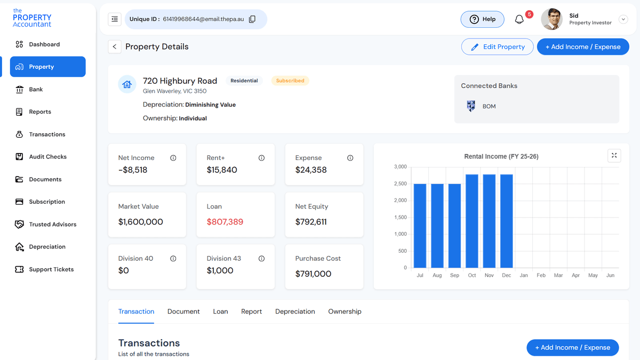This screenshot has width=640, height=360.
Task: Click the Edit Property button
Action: [x=497, y=47]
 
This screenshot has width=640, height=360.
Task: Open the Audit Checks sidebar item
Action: [x=47, y=157]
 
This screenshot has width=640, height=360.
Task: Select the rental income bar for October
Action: [x=471, y=221]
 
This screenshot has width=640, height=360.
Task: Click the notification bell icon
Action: [x=519, y=19]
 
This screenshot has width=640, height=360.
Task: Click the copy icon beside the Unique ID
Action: [x=252, y=19]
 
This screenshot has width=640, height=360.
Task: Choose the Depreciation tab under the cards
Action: [x=295, y=311]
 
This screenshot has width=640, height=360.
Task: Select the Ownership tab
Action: [x=345, y=311]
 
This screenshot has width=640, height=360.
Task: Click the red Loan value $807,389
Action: [x=225, y=222]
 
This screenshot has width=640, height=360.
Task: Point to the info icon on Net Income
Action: [x=173, y=158]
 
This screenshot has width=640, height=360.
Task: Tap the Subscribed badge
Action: [x=290, y=81]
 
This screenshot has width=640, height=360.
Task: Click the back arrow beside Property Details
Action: [x=114, y=47]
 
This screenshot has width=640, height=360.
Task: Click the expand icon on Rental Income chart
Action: [x=614, y=155]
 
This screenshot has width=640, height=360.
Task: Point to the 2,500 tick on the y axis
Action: [x=400, y=184]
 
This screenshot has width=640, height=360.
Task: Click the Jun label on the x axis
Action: [x=610, y=275]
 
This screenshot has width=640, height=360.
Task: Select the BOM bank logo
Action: [x=470, y=106]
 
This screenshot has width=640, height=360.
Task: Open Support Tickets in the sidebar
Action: [x=51, y=269]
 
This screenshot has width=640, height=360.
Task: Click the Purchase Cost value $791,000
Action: [x=313, y=274]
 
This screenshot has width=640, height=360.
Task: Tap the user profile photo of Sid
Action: [x=551, y=19]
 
